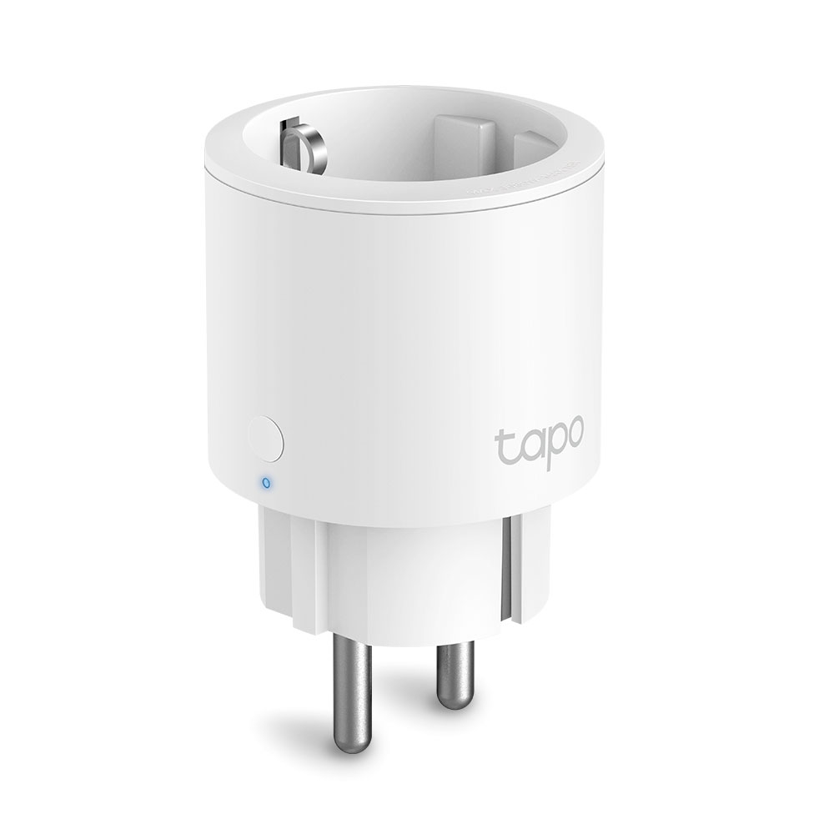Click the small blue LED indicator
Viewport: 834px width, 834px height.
pos(265,482)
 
